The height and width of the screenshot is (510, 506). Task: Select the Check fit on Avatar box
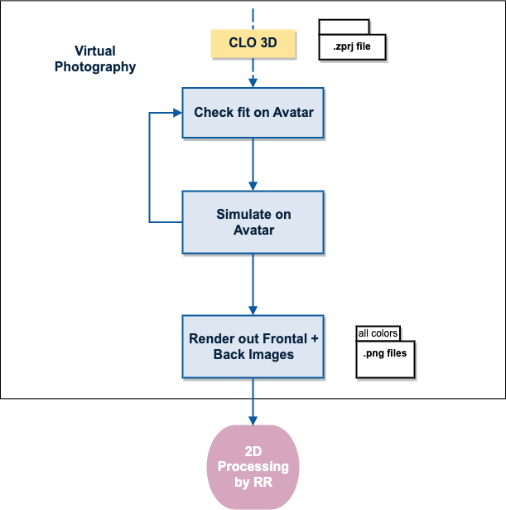point(253,112)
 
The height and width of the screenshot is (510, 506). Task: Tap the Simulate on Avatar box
point(253,221)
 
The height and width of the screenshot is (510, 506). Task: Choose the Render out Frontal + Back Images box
point(253,346)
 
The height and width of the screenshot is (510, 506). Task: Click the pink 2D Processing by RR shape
point(253,466)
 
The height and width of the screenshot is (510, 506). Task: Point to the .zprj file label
point(353,47)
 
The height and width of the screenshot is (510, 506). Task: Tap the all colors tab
point(378,334)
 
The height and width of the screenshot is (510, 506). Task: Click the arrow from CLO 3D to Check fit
point(253,72)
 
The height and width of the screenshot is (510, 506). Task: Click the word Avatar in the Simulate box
point(253,230)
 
